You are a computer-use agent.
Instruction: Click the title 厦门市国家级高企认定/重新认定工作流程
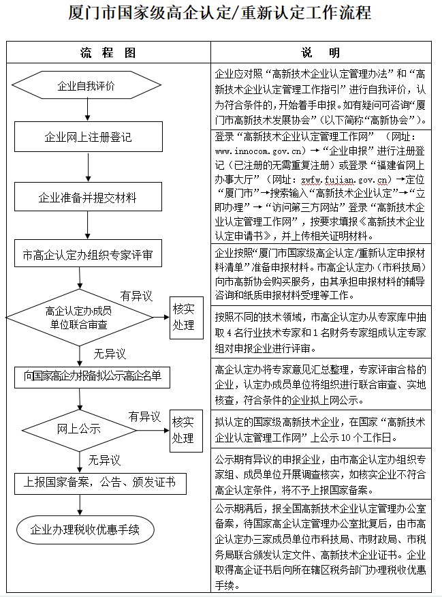220,13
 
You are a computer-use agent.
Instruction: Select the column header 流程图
108,52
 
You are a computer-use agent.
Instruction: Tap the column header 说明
321,52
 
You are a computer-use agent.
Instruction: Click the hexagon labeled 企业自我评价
86,86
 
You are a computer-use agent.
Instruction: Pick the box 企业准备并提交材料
87,198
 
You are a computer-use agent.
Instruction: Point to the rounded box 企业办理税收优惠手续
85,530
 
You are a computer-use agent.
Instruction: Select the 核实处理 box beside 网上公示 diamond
183,429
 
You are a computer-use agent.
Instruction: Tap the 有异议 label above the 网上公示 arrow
144,416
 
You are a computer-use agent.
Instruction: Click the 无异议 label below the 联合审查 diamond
109,354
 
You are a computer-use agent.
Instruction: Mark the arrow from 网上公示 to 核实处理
151,429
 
